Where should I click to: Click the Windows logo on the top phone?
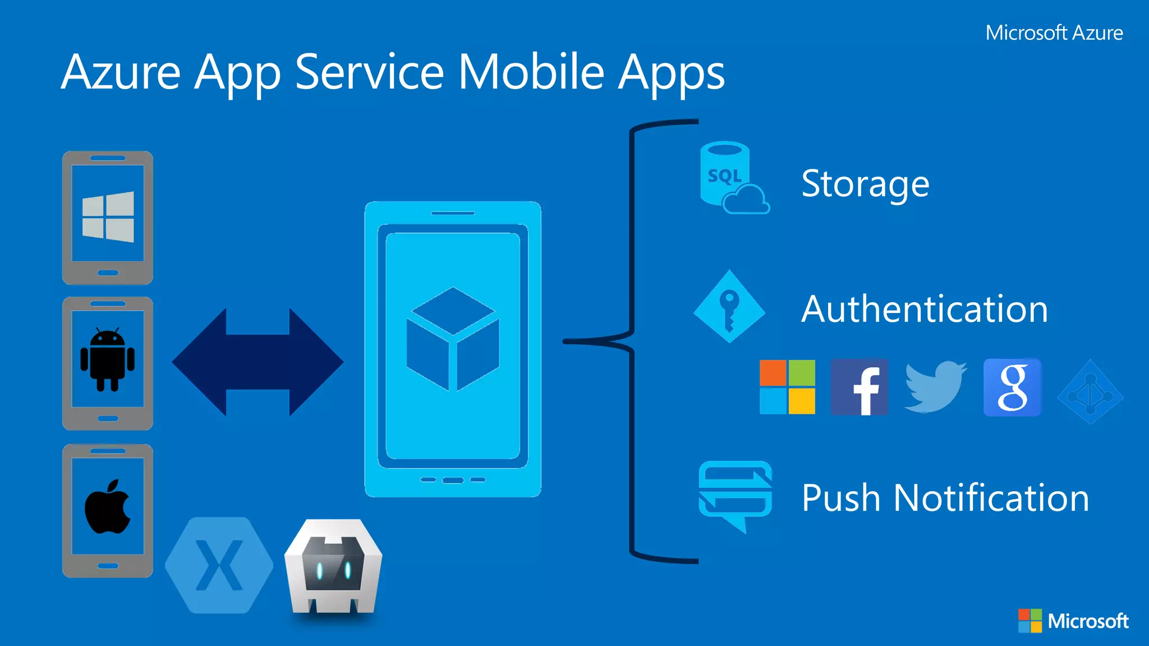pos(108,217)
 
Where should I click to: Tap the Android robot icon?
pos(108,359)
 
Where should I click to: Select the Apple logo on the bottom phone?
pos(107,507)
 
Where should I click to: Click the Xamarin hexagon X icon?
pos(219,565)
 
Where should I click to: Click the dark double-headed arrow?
pos(258,362)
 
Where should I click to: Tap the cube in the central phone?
pos(453,339)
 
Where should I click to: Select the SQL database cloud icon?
pos(732,178)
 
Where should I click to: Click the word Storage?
pos(865,183)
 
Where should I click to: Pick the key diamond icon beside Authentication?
pos(729,306)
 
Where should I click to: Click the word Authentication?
pos(925,309)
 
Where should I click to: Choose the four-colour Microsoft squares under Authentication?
pos(787,387)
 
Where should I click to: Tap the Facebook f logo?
pos(859,387)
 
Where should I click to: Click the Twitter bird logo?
pos(935,387)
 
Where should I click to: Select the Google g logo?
pos(1012,387)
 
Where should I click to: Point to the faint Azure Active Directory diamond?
pos(1090,392)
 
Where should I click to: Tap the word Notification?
pos(991,498)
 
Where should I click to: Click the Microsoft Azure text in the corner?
pos(1054,33)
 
